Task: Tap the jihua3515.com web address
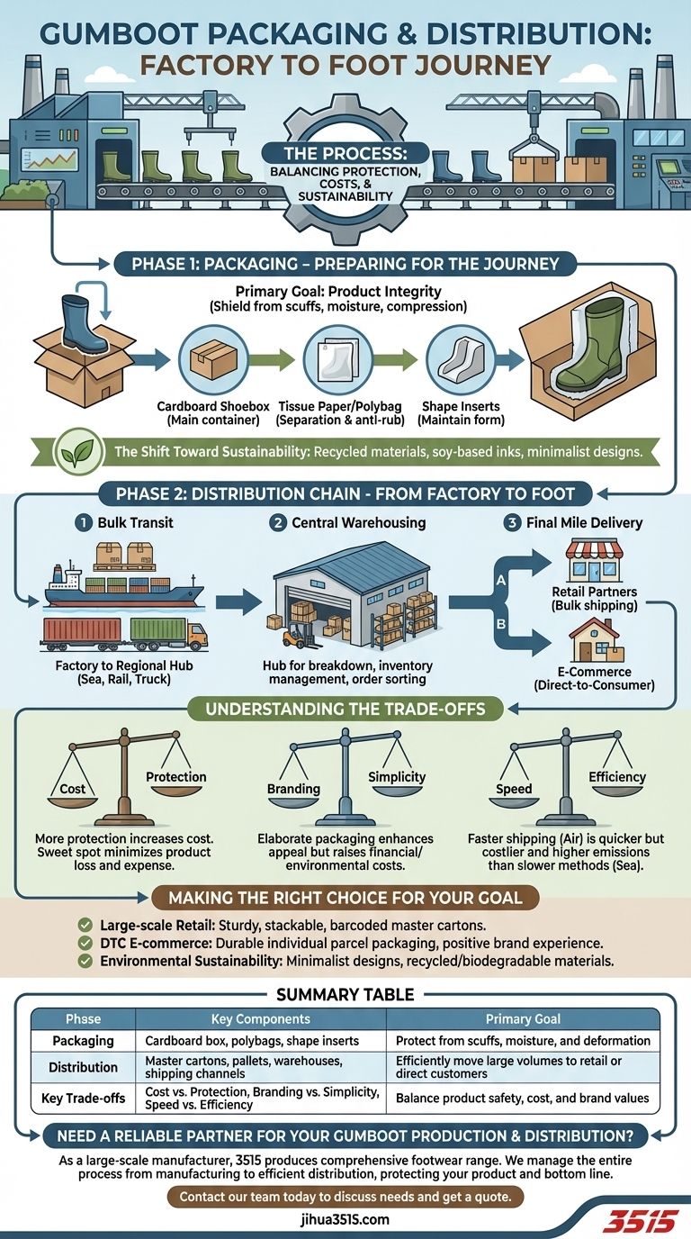click(345, 1219)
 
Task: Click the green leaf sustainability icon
click(80, 451)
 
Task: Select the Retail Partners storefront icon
click(592, 563)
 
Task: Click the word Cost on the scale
click(73, 789)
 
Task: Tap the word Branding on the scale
click(293, 789)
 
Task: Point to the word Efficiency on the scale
click(617, 777)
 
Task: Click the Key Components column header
click(260, 1018)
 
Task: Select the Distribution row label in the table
click(84, 1067)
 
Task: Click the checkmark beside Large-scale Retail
click(85, 925)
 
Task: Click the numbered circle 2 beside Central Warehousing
click(278, 521)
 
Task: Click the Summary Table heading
click(345, 994)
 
